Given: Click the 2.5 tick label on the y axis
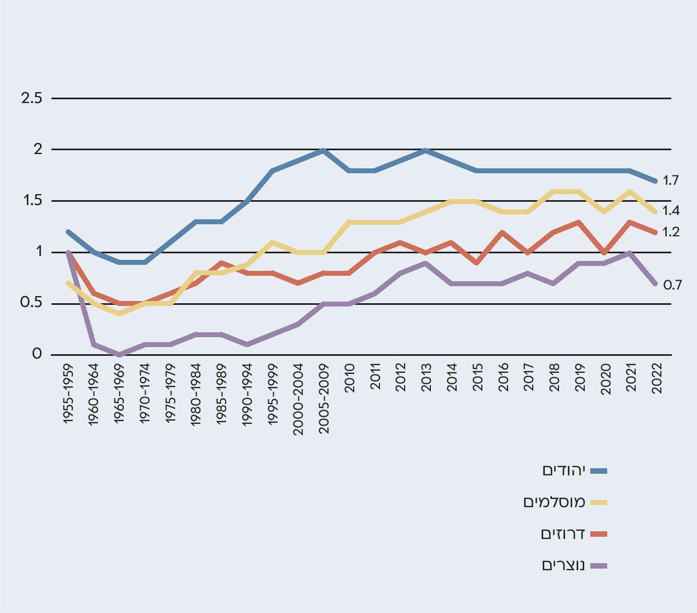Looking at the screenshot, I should point(31,99).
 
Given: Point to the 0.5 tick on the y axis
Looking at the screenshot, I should point(31,303).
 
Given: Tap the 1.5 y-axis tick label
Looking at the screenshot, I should point(31,201).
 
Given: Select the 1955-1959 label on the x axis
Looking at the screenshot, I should point(68,393).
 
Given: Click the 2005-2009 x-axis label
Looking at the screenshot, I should point(324,399).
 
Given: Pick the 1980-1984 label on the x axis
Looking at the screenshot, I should point(196,393).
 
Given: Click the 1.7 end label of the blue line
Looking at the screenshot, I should point(671,180).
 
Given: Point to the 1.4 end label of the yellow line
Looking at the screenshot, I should point(671,211).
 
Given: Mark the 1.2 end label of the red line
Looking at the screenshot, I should point(671,232).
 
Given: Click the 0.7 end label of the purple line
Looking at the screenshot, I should point(672,285).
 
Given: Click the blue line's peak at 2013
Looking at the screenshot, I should point(426,150).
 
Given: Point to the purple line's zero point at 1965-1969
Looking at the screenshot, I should point(119,355).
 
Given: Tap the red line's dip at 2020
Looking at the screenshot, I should point(604,253).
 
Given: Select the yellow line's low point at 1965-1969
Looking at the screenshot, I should point(119,314).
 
